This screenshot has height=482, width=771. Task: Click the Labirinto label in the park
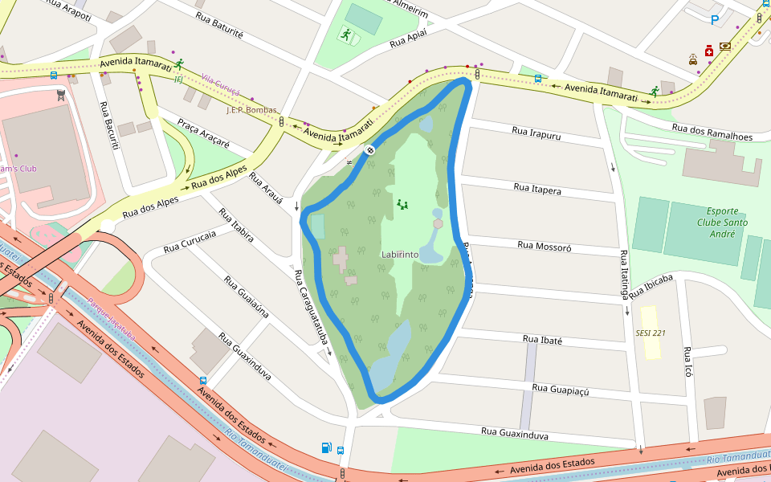pyautogui.click(x=399, y=254)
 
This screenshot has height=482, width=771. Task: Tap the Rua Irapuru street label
pyautogui.click(x=536, y=133)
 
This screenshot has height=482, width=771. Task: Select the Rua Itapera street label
pyautogui.click(x=537, y=189)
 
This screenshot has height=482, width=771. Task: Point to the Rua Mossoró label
pyautogui.click(x=544, y=247)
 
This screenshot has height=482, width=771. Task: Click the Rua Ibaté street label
pyautogui.click(x=542, y=340)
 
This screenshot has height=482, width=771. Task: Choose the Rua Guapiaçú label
pyautogui.click(x=561, y=390)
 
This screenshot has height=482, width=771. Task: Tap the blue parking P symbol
pyautogui.click(x=714, y=20)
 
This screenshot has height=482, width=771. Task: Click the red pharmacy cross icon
pyautogui.click(x=709, y=51)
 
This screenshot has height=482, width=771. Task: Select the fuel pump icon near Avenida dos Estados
pyautogui.click(x=327, y=447)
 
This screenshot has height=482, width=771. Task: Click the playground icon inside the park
pyautogui.click(x=402, y=205)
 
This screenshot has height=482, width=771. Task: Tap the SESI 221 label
pyautogui.click(x=651, y=333)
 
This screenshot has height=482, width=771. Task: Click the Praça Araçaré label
pyautogui.click(x=203, y=133)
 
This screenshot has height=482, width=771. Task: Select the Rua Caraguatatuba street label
pyautogui.click(x=312, y=308)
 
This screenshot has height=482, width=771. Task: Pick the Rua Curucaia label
pyautogui.click(x=190, y=242)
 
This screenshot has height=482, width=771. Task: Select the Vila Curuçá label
pyautogui.click(x=221, y=82)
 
